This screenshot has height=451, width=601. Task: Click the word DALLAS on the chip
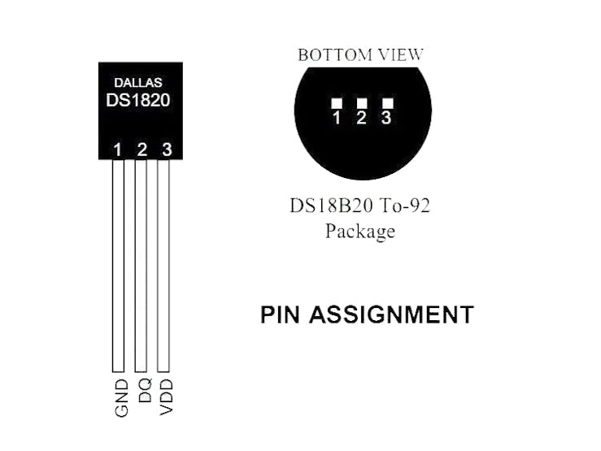click(x=138, y=83)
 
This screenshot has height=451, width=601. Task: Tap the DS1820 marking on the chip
click(x=138, y=100)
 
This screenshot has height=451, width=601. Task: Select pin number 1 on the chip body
click(x=118, y=150)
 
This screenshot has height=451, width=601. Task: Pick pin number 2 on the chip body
click(x=142, y=150)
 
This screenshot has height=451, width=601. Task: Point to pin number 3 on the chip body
click(x=167, y=150)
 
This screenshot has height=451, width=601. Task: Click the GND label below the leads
click(x=121, y=398)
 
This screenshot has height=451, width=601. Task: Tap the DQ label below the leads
click(x=145, y=390)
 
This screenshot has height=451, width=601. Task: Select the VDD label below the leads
click(x=167, y=397)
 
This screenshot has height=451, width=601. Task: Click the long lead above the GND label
click(x=118, y=266)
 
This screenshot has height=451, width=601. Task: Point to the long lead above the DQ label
click(x=141, y=266)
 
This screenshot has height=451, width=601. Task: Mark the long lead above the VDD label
click(x=163, y=266)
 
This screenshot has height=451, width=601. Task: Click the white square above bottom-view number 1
click(x=337, y=103)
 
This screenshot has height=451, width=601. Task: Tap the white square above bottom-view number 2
click(x=362, y=103)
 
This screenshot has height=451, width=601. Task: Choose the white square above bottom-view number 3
click(x=388, y=103)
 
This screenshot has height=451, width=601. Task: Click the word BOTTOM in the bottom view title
click(x=335, y=55)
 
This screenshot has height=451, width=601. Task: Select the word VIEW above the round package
click(x=401, y=55)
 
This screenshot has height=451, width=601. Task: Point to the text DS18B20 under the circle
click(x=331, y=206)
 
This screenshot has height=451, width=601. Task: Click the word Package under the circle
click(x=360, y=232)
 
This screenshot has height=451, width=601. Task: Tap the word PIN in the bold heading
click(x=280, y=314)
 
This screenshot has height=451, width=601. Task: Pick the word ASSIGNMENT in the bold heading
click(x=392, y=314)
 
